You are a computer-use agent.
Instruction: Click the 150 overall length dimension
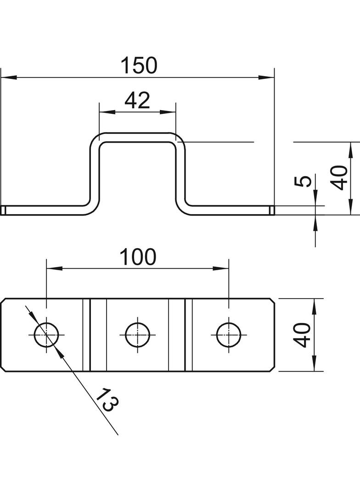[139, 66]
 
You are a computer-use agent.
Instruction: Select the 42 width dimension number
[137, 100]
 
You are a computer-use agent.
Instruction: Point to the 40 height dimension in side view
[339, 178]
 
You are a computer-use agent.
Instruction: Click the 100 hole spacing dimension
[138, 257]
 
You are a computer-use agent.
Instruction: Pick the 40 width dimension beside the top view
[303, 335]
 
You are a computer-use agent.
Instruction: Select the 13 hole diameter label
[107, 400]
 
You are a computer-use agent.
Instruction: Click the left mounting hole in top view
[46, 334]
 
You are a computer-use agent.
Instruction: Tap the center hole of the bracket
[137, 334]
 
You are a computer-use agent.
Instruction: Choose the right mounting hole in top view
[229, 334]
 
